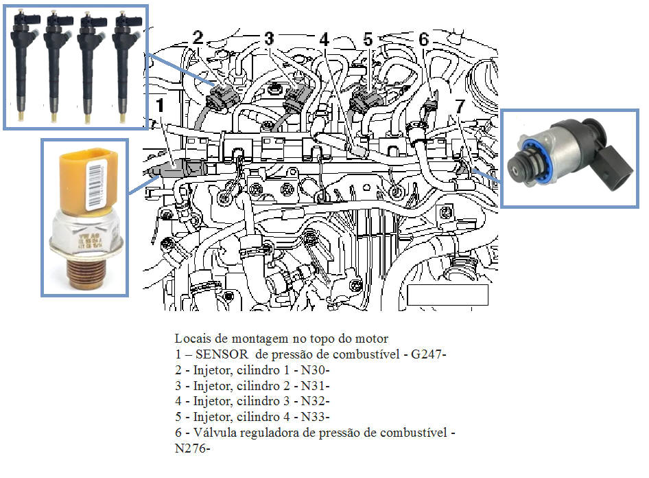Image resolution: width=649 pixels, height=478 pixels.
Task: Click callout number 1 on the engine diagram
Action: [x=160, y=105]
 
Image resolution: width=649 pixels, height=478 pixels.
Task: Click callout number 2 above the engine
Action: [x=198, y=37]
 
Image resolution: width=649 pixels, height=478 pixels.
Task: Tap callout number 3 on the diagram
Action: [x=270, y=38]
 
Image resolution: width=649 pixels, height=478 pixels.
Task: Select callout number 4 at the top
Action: [x=324, y=39]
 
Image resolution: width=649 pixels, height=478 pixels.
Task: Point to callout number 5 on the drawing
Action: [x=368, y=39]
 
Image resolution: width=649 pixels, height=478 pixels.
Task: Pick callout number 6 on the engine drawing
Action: [x=423, y=39]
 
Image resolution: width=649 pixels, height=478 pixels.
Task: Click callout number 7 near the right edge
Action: [x=460, y=106]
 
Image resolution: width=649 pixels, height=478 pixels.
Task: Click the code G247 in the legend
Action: [x=426, y=354]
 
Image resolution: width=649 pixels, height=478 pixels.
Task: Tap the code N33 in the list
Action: [x=314, y=417]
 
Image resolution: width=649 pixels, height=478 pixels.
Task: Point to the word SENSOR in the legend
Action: [x=222, y=354]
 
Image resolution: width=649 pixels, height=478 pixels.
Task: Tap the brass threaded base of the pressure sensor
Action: [x=86, y=272]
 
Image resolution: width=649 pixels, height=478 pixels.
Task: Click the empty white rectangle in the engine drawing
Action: [x=448, y=295]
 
